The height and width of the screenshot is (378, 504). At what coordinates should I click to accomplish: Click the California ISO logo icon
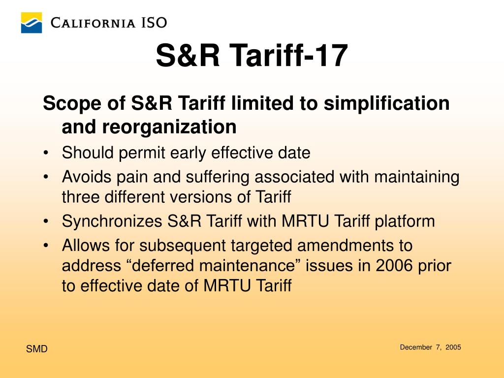pyautogui.click(x=31, y=23)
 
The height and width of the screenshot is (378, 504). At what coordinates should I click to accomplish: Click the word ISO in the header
pyautogui.click(x=154, y=23)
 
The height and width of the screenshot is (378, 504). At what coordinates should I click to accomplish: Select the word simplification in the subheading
pyautogui.click(x=386, y=103)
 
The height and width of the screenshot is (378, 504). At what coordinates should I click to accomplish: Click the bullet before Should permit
pyautogui.click(x=46, y=153)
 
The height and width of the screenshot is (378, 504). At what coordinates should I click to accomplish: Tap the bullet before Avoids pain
pyautogui.click(x=46, y=177)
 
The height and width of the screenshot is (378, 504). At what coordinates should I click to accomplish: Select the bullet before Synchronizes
pyautogui.click(x=46, y=221)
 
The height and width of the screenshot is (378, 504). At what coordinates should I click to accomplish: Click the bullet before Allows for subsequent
pyautogui.click(x=46, y=245)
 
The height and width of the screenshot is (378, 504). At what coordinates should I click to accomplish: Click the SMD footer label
pyautogui.click(x=36, y=349)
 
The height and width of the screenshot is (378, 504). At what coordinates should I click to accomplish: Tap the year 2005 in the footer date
pyautogui.click(x=453, y=347)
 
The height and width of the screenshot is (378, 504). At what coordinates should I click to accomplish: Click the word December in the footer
pyautogui.click(x=416, y=347)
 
